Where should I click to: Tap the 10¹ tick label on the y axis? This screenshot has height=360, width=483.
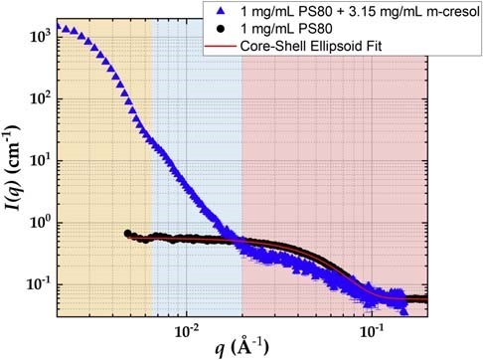tap(41, 159)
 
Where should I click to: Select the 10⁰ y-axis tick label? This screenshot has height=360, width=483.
tap(41, 221)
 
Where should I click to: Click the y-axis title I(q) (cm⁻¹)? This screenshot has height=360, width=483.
tap(13, 170)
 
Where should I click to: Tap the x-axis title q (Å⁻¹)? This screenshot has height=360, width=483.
tap(241, 347)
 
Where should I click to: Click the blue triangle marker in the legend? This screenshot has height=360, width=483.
tap(221, 12)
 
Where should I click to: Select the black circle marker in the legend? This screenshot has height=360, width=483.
tap(221, 29)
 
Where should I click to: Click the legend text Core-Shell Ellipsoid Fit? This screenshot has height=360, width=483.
tap(311, 46)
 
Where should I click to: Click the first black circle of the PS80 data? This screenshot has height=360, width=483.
tap(127, 234)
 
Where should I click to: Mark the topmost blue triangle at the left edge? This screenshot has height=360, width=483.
tap(59, 26)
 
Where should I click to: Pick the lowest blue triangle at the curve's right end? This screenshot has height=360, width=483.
tap(403, 311)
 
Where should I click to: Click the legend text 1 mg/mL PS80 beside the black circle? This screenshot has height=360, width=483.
tap(286, 29)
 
